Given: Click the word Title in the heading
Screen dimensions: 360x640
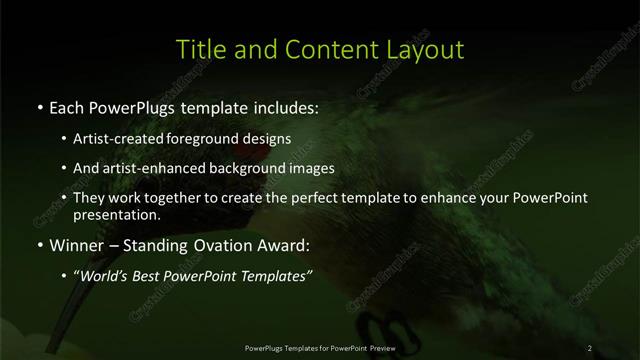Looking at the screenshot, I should coord(198,49).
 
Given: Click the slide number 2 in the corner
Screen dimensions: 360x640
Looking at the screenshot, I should coord(590,347).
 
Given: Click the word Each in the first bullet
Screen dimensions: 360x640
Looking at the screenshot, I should coord(68,106).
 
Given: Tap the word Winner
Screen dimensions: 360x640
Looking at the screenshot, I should coord(76,245).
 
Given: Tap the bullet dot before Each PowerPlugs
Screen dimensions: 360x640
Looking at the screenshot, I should coord(39,107).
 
